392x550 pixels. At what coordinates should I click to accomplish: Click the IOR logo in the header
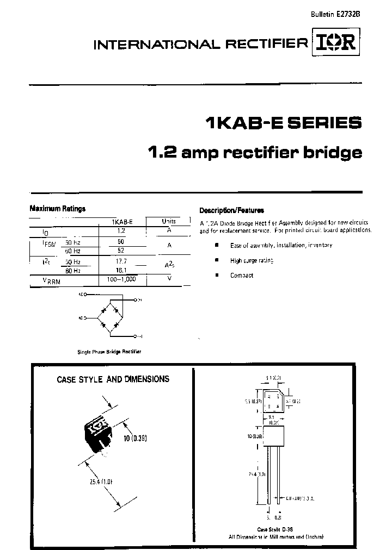[x=334, y=45]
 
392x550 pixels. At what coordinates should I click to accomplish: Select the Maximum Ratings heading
[x=57, y=209]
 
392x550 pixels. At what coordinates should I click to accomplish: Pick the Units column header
[x=169, y=221]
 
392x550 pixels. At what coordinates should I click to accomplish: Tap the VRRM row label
[x=52, y=280]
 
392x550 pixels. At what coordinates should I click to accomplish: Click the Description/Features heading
[x=231, y=210]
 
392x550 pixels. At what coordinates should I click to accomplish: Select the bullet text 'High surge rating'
[x=252, y=260]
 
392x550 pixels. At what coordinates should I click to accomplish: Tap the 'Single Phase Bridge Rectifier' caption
[x=109, y=352]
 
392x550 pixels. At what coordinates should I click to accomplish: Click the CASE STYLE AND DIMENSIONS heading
[x=113, y=379]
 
